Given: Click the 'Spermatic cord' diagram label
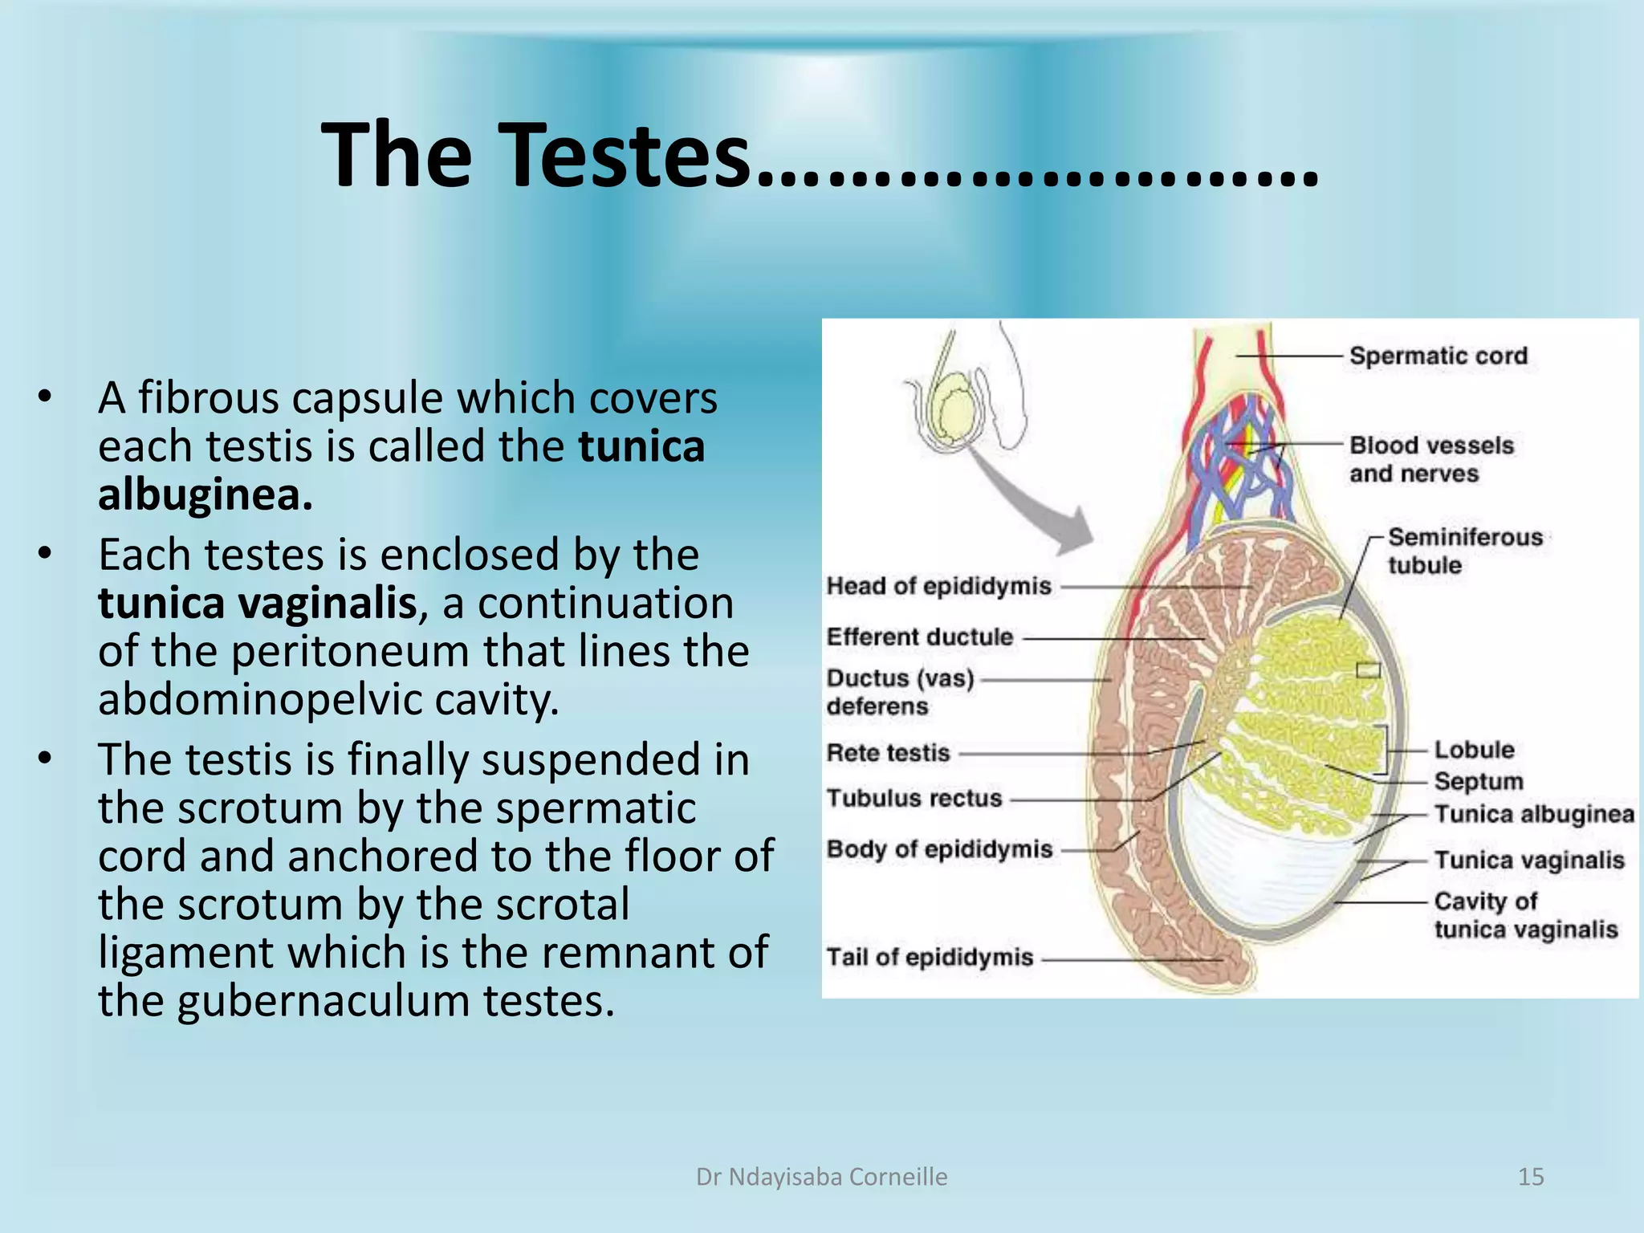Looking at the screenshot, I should pos(1438,356).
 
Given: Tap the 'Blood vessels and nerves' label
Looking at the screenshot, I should pos(1430,459).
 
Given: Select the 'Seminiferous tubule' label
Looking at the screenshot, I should pos(1464,551).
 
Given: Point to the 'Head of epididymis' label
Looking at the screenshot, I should pos(938,586).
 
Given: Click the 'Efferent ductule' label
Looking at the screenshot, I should pos(920,637).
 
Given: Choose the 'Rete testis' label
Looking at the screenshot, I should pos(888,753).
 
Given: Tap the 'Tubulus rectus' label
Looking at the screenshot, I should pos(914,799).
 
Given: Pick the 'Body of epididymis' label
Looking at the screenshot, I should pos(939,849).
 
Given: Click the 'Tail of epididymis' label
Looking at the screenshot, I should pos(930,958).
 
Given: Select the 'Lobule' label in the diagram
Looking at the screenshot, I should pos(1474,750).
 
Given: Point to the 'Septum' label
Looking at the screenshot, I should pos(1478,781).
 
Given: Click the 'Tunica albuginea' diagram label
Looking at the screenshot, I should pos(1534,814).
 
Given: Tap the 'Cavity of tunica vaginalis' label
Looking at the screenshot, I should pos(1525,915).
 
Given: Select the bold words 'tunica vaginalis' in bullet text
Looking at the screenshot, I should pos(257,604).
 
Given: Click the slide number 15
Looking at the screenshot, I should pos(1530,1177).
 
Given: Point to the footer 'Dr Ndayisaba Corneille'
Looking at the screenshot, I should pos(821,1177).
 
